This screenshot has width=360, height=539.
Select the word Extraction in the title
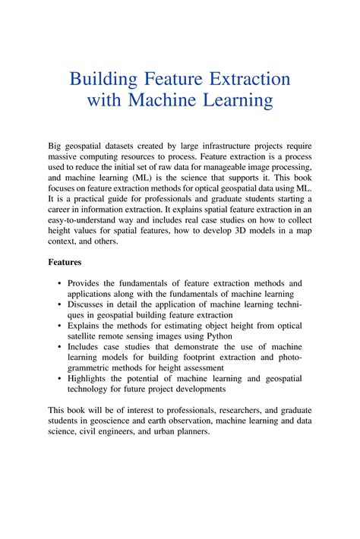click(x=245, y=79)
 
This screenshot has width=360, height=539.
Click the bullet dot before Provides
click(x=60, y=283)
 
